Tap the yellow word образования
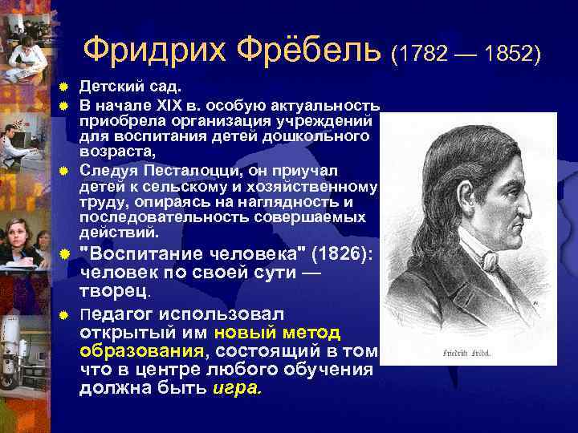[x=141, y=350]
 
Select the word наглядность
[x=287, y=202]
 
